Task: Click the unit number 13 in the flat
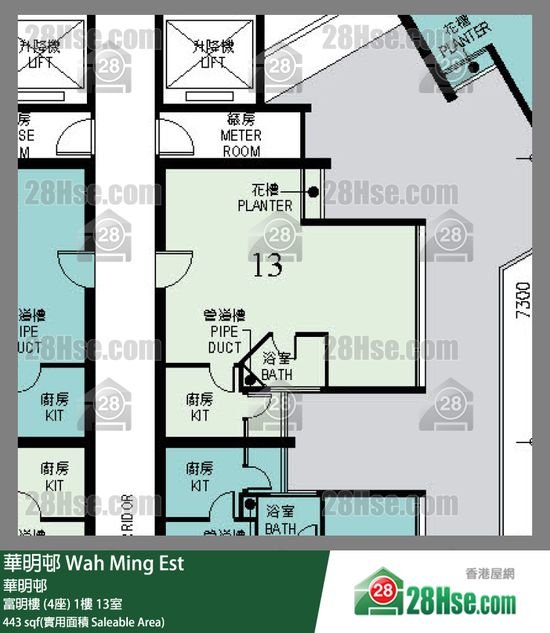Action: click(268, 265)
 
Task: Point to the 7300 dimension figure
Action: click(524, 300)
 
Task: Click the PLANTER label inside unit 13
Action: click(265, 199)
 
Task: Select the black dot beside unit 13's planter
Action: click(314, 192)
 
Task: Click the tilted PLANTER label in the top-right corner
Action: click(465, 41)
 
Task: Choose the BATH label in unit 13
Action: click(277, 367)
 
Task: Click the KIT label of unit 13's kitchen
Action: click(200, 408)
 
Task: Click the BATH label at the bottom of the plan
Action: click(281, 521)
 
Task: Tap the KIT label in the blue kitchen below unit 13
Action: click(200, 477)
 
